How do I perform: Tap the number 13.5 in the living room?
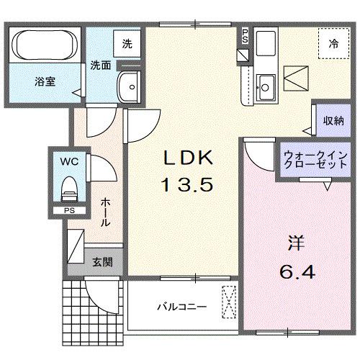click(x=186, y=185)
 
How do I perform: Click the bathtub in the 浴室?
click(x=43, y=47)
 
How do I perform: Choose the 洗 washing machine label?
click(x=126, y=43)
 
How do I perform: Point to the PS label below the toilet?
click(x=69, y=211)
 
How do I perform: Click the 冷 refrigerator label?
click(x=333, y=44)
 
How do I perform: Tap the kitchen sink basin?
click(x=265, y=86)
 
